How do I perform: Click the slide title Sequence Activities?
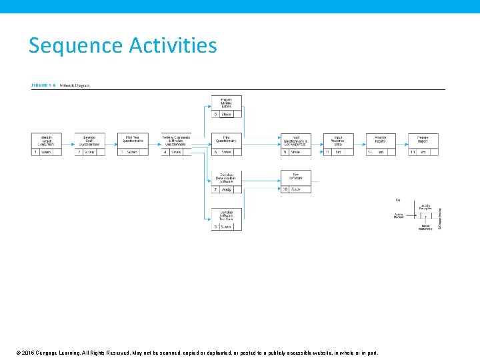(x=123, y=46)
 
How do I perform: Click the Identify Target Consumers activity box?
(x=46, y=141)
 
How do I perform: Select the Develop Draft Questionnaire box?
(x=89, y=141)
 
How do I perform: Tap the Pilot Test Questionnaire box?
(x=132, y=141)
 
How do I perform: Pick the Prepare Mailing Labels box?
(x=227, y=103)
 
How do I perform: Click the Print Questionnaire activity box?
(x=227, y=141)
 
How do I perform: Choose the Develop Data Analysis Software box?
(x=227, y=178)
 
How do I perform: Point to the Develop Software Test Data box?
(x=227, y=215)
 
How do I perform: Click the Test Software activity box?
(x=296, y=178)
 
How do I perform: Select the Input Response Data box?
(x=338, y=141)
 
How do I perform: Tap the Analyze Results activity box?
(x=381, y=141)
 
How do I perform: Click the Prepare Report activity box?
(x=423, y=141)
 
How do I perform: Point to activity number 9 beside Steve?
(x=285, y=152)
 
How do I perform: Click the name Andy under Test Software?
(x=296, y=189)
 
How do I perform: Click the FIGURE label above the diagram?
(x=41, y=85)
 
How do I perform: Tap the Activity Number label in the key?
(x=399, y=216)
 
